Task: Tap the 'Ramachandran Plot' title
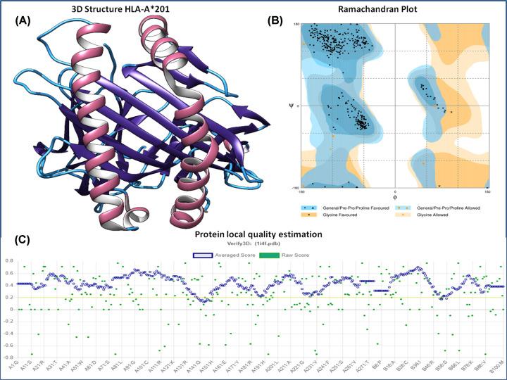(x=390, y=8)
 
